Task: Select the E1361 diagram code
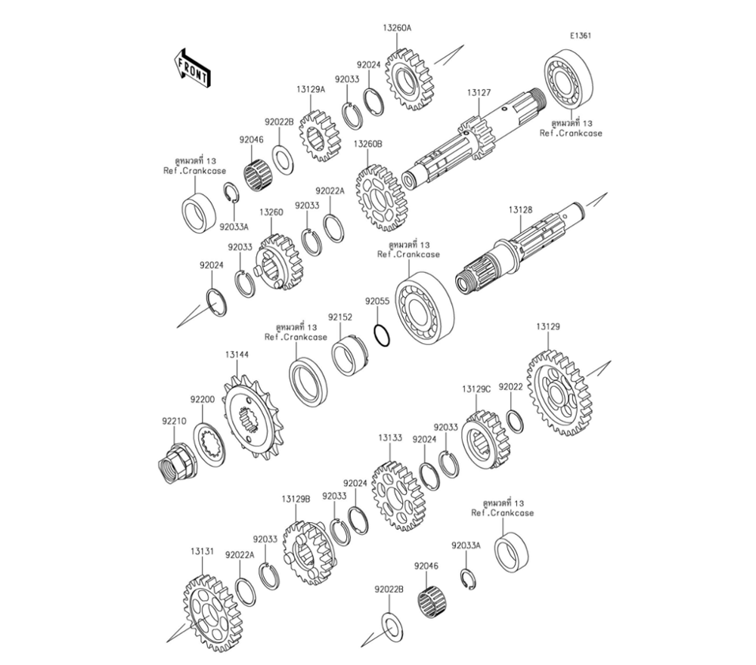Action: click(581, 36)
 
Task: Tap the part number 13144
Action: click(235, 353)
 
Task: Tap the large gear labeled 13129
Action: click(560, 391)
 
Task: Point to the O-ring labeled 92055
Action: click(383, 334)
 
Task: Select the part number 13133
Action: click(390, 437)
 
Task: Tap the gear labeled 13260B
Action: click(379, 199)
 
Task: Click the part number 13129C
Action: click(476, 388)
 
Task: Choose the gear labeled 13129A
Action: click(318, 136)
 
